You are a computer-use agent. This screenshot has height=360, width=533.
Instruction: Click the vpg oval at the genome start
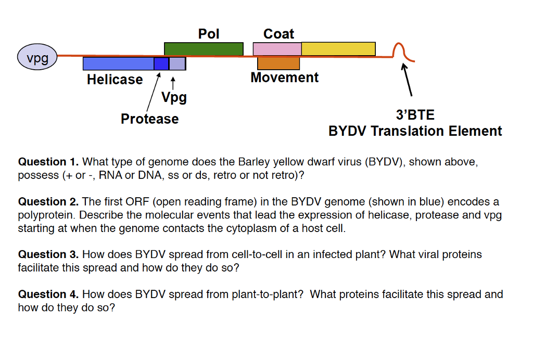(x=37, y=57)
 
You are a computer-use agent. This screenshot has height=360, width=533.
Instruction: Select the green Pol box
(x=204, y=49)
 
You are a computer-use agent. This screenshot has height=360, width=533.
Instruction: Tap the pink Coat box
(x=277, y=49)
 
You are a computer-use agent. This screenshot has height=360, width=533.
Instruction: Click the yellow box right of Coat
(x=338, y=49)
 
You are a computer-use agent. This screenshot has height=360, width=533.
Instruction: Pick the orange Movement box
(x=278, y=63)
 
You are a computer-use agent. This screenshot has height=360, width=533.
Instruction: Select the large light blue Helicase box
(x=118, y=63)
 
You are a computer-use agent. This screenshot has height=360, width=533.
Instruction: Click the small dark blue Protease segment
(x=161, y=63)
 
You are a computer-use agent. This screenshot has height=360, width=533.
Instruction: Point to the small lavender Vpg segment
(x=177, y=63)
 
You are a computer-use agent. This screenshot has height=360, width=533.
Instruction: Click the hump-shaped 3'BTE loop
(x=400, y=51)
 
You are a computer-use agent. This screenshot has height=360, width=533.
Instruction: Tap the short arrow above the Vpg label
(x=173, y=83)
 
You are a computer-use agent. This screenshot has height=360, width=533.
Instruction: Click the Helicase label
(x=115, y=80)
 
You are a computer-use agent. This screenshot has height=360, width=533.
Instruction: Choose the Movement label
(x=284, y=78)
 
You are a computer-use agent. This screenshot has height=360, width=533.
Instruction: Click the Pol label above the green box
(x=209, y=34)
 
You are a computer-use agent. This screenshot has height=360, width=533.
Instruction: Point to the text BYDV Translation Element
(x=415, y=131)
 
